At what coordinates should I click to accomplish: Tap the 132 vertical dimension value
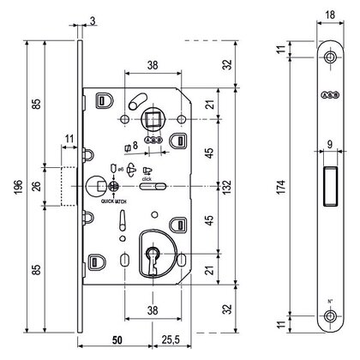[226, 184]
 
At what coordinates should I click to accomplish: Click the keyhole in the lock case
[155, 259]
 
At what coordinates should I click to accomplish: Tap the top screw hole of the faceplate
[330, 57]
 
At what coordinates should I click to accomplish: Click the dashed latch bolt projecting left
[69, 183]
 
